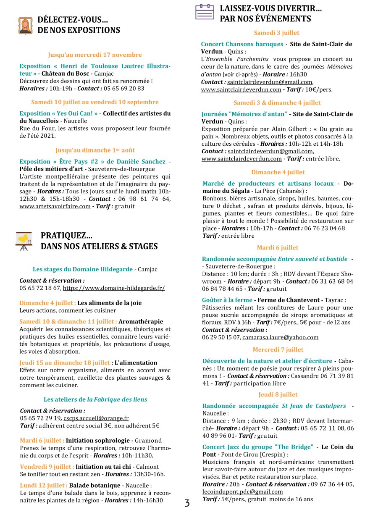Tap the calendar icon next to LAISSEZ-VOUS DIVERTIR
pos(205,12)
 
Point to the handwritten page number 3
pos(187,502)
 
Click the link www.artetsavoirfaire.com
pos(55,206)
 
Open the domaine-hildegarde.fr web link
pos(114,288)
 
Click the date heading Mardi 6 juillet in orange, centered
pos(278,247)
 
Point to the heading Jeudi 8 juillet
pos(278,394)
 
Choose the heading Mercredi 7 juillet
pos(278,349)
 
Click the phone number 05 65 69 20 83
pos(124,88)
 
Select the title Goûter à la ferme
pos(227,300)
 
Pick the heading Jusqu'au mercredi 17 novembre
pos(95,55)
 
